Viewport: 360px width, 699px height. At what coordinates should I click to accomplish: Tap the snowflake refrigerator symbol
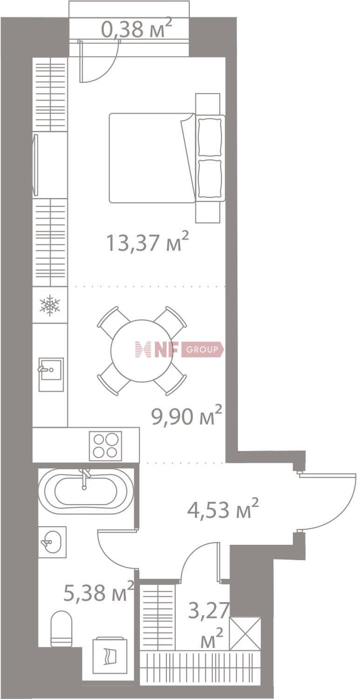point(50,305)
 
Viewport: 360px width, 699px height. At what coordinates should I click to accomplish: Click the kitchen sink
point(51,374)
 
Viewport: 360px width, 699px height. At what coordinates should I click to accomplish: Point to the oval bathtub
point(85,492)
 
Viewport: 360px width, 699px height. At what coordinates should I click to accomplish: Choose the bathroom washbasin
point(52,542)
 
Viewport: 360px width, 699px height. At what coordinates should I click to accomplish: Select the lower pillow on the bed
point(210,179)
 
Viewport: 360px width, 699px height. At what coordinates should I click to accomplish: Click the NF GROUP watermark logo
point(180,349)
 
